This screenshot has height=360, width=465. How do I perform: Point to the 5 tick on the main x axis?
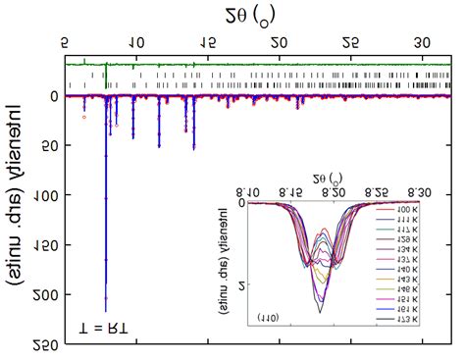(65, 43)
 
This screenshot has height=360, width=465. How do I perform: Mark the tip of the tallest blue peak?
(105, 310)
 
